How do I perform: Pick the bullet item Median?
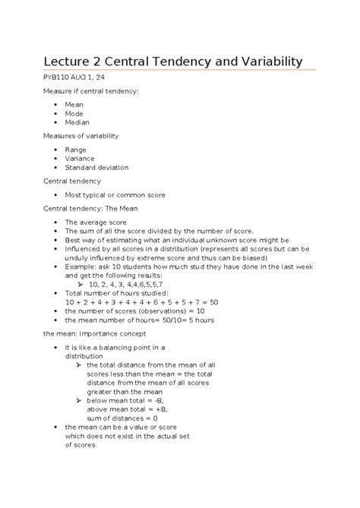(77, 121)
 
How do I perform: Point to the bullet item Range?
(76, 149)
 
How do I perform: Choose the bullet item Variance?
(81, 158)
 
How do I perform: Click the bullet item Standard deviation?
(96, 168)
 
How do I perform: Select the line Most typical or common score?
(115, 195)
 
